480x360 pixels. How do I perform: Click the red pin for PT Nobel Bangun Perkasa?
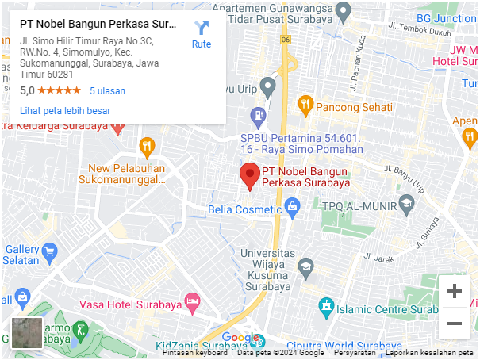tap(250, 175)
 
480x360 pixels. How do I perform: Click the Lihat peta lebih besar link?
tap(65, 111)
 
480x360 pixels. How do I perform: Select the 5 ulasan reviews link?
tap(108, 91)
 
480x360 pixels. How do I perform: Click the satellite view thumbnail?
tap(26, 333)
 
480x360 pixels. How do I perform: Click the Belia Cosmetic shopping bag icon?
tap(293, 209)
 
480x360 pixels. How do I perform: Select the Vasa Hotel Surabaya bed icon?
tap(191, 301)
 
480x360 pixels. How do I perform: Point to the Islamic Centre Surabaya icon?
tap(325, 306)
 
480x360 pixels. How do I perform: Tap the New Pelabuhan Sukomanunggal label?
tap(126, 174)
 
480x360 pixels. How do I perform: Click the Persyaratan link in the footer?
tap(355, 354)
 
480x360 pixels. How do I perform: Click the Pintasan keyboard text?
tap(194, 354)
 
